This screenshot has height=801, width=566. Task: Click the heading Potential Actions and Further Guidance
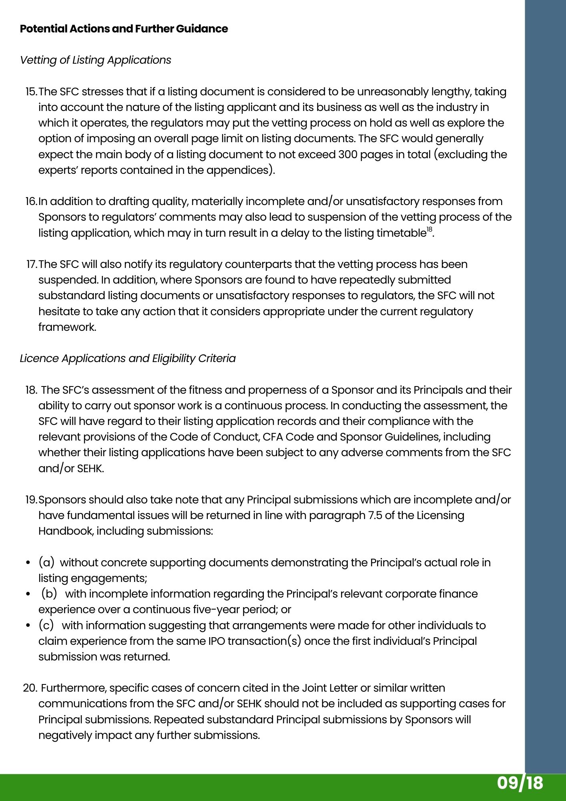click(124, 29)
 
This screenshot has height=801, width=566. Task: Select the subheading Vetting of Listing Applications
click(95, 60)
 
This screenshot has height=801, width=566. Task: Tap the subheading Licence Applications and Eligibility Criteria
click(128, 358)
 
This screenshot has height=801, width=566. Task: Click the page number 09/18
click(520, 783)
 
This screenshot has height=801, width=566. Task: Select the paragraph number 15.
click(31, 92)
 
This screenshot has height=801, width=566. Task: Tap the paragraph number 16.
click(31, 201)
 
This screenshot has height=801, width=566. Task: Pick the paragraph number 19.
click(31, 500)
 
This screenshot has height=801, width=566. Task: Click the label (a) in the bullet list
click(46, 563)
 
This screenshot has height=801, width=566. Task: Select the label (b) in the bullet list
click(50, 594)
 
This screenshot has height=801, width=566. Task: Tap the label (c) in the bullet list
click(46, 626)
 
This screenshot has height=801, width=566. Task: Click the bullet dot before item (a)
click(28, 563)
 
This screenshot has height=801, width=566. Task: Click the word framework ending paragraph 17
click(67, 327)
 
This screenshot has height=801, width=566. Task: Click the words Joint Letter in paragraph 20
click(330, 688)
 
